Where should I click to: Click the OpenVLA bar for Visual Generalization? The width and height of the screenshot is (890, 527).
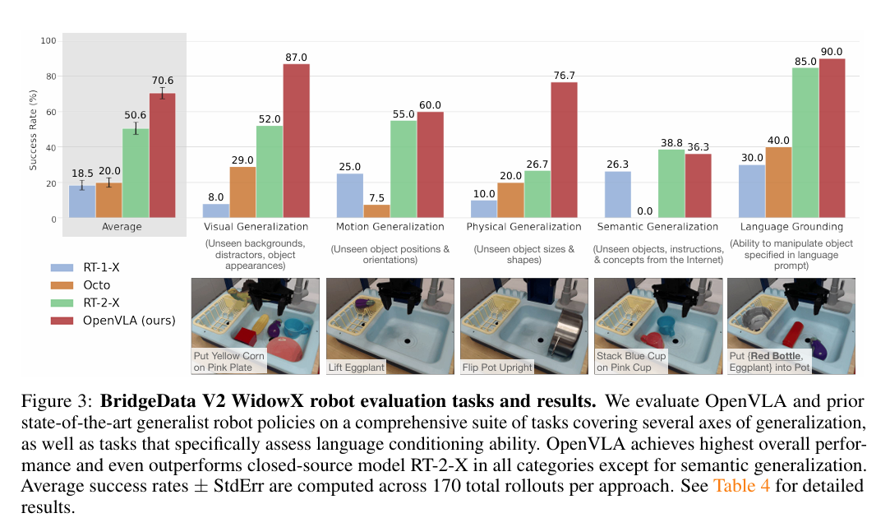[297, 141]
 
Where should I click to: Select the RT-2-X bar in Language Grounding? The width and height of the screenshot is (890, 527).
[805, 143]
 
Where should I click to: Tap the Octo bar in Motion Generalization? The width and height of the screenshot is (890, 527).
[376, 212]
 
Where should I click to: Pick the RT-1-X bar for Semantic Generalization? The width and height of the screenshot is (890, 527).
[618, 195]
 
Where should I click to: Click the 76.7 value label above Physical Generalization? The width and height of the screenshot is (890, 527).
[564, 76]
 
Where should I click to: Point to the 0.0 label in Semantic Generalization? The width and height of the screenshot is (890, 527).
[644, 211]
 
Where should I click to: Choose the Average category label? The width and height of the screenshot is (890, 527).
[122, 226]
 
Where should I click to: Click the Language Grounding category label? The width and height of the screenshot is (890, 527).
[792, 226]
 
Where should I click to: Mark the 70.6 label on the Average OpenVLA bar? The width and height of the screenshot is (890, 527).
[162, 81]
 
